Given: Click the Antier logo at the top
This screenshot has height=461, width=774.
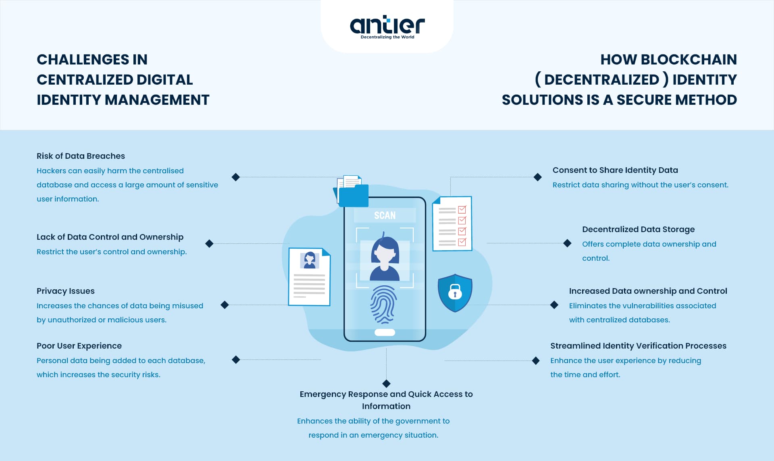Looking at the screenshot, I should [x=387, y=27].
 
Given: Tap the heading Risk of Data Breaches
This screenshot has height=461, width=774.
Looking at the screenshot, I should [x=81, y=156].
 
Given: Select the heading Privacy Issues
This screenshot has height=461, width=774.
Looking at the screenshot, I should [x=66, y=291].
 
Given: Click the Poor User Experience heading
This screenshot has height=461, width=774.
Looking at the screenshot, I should [x=79, y=346].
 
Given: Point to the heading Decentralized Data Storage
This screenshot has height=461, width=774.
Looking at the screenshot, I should [x=638, y=229].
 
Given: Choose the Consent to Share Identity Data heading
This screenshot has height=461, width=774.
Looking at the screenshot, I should [x=615, y=170].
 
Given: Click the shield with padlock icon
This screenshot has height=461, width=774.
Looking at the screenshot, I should [x=455, y=293].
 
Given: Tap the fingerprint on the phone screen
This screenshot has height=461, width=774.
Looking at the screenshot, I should [x=383, y=304].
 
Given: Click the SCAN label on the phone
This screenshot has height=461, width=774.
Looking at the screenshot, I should [x=385, y=216].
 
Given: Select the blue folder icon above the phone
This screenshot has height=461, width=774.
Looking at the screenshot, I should [x=353, y=195].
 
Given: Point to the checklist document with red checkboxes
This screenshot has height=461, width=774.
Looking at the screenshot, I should [x=452, y=224].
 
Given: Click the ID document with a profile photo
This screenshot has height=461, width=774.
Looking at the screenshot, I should [x=309, y=277].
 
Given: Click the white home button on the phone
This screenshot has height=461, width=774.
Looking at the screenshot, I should [x=385, y=332].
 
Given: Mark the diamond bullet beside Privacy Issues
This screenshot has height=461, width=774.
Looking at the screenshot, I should [x=225, y=305].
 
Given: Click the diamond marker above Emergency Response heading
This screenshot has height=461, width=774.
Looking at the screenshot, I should [x=386, y=383].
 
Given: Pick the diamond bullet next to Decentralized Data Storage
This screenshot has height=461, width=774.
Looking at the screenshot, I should [x=567, y=243].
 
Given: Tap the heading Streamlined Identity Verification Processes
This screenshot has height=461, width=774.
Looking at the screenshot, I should [x=638, y=346].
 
